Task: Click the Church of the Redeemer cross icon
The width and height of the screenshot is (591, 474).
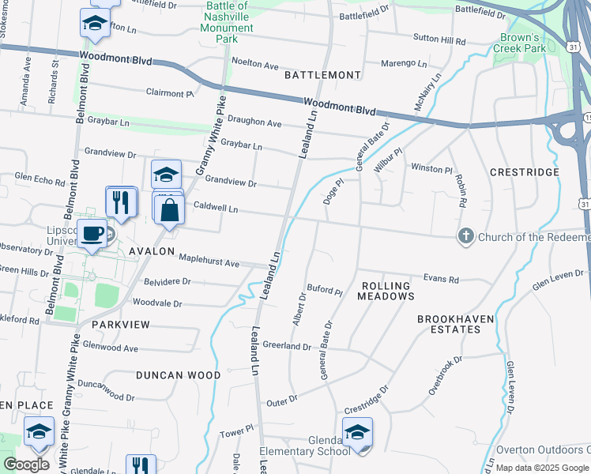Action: (x=466, y=236)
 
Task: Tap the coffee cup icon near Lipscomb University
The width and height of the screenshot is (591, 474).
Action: (x=92, y=233)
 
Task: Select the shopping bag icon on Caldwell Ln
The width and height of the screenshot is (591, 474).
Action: (x=169, y=210)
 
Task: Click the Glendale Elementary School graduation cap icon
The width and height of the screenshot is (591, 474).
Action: (x=357, y=433)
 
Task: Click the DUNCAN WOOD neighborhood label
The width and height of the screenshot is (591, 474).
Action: (x=177, y=375)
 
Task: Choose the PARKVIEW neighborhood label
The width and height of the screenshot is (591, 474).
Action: (x=120, y=325)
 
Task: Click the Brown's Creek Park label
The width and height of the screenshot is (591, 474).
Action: (x=522, y=43)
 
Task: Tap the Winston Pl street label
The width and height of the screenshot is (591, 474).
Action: (x=431, y=168)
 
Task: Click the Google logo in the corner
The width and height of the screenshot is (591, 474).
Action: (x=26, y=465)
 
